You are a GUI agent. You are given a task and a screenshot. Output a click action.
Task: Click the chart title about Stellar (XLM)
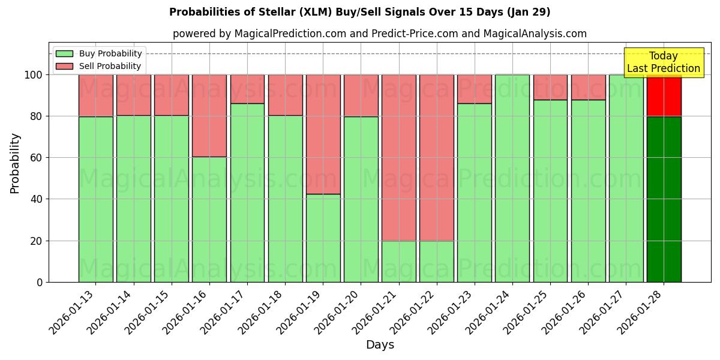click(x=359, y=12)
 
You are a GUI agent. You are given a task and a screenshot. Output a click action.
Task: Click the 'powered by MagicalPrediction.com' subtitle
click(x=379, y=34)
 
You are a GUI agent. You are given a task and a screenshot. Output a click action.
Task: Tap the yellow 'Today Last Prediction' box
click(x=663, y=62)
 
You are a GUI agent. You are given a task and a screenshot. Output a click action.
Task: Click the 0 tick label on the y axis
click(x=40, y=282)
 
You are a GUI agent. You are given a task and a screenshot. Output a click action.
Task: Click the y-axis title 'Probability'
click(x=15, y=163)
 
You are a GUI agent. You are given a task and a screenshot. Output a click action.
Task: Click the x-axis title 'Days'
click(x=380, y=345)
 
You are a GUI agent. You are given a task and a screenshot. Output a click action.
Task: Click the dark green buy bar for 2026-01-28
click(x=664, y=199)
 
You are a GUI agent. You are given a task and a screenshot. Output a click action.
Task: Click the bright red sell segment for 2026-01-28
click(x=664, y=95)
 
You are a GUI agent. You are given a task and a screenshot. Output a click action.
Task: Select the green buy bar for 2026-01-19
click(x=323, y=238)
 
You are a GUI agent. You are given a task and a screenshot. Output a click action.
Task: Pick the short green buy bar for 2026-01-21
click(x=398, y=261)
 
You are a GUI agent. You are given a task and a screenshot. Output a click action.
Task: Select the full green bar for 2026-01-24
click(x=512, y=178)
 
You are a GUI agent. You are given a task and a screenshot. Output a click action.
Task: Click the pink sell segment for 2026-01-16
click(x=209, y=116)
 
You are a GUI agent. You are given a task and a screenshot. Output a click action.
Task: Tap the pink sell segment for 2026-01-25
click(x=550, y=87)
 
